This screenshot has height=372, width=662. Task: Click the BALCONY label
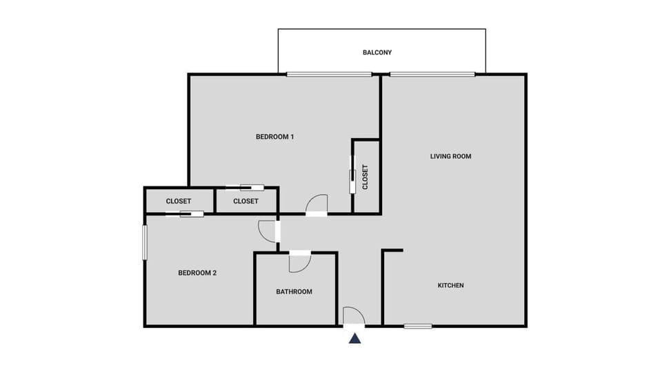point(377,52)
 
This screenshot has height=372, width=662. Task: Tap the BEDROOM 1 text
point(275,137)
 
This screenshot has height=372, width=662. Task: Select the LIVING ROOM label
point(450,156)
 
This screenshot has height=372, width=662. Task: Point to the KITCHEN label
point(451,286)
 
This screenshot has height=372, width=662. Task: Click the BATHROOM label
point(294,292)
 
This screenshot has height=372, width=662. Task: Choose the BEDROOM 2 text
point(197,273)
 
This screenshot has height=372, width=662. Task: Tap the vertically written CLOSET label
point(365,177)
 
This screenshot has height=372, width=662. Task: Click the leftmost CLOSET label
point(179,202)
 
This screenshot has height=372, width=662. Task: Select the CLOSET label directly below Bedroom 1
point(245,202)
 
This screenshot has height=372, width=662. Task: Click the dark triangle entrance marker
point(354,338)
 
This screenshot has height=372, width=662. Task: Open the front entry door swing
point(353,316)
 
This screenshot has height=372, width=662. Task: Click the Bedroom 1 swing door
point(317,205)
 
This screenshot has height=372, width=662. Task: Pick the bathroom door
point(300,260)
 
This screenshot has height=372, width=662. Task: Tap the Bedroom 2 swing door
point(268,231)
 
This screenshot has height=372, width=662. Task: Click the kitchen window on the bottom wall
point(418,326)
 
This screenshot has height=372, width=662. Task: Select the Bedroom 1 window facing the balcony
point(319,75)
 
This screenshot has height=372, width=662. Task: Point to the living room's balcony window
point(432,75)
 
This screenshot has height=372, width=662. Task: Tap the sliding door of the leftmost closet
point(185,214)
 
